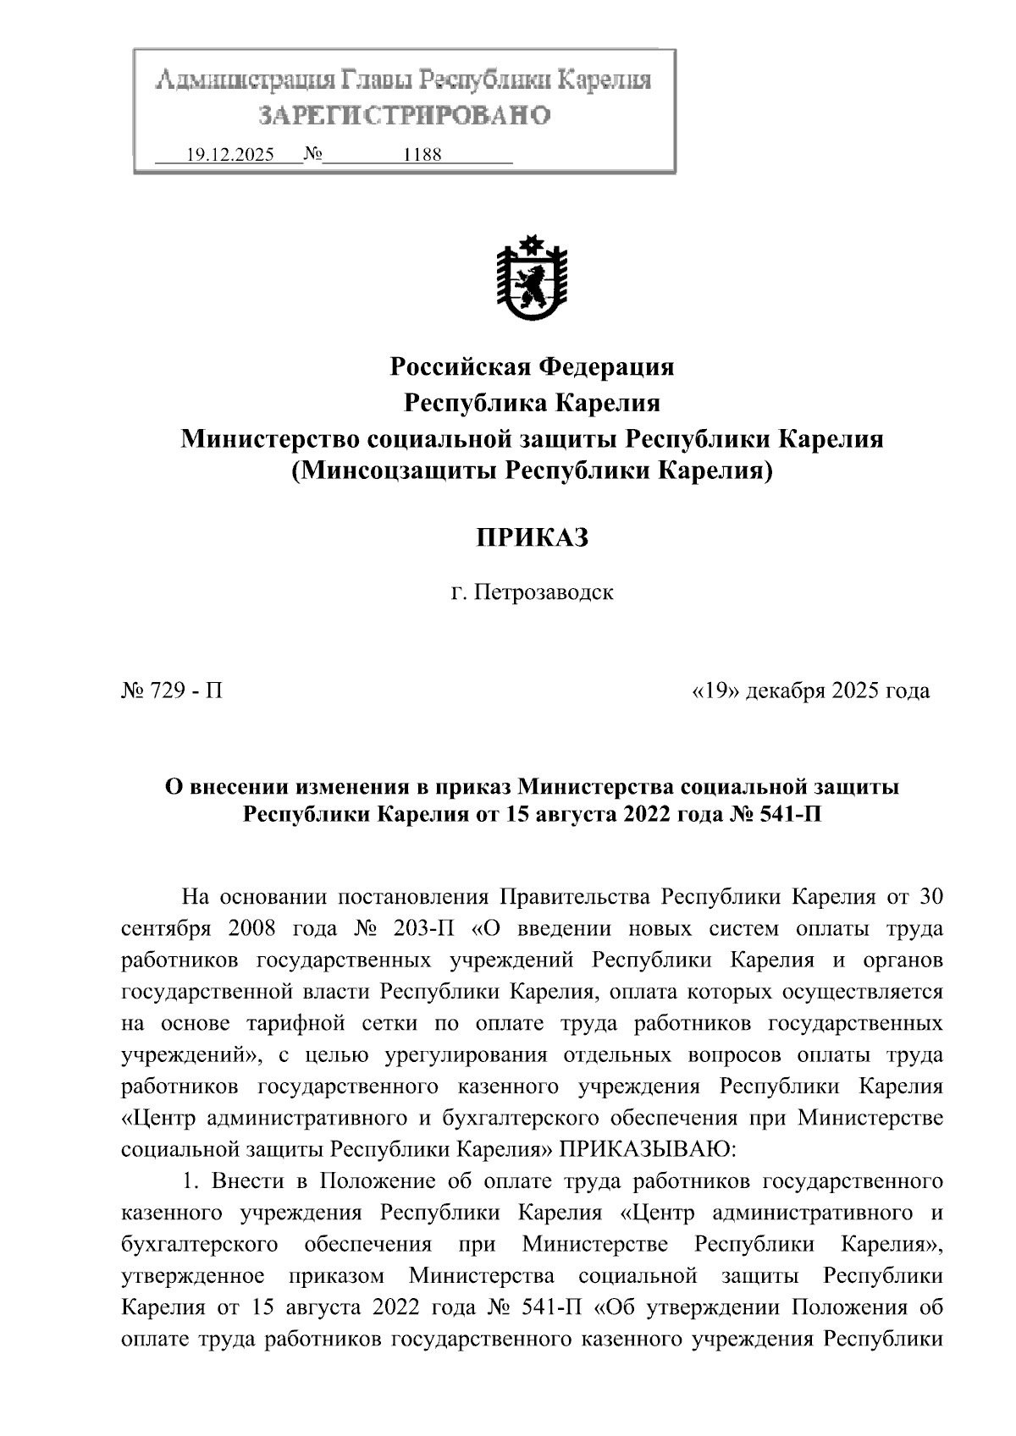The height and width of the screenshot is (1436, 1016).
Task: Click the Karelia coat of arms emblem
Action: (x=532, y=278)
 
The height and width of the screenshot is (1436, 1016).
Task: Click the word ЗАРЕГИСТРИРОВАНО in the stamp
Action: (x=405, y=115)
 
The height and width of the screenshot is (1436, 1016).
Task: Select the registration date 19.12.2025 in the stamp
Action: (x=229, y=156)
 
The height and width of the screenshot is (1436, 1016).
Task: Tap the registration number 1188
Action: (x=422, y=156)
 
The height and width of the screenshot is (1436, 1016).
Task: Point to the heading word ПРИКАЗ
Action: (x=532, y=537)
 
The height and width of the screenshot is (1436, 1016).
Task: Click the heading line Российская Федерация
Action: (x=532, y=367)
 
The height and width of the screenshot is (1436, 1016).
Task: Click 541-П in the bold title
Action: (x=787, y=815)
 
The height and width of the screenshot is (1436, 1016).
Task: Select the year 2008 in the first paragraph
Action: (x=252, y=928)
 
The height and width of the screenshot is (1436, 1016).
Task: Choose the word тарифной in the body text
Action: (x=295, y=1023)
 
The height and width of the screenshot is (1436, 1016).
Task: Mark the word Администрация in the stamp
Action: (x=243, y=81)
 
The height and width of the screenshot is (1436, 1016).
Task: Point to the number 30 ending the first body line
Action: (x=930, y=897)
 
